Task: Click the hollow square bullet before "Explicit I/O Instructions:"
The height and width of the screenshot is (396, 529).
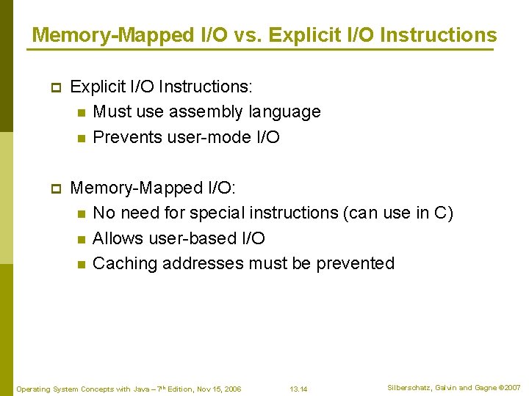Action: click(54, 87)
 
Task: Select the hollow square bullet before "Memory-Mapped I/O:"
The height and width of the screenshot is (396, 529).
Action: click(54, 188)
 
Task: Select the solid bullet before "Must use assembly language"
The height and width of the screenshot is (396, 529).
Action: click(81, 113)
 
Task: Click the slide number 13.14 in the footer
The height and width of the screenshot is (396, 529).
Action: click(298, 389)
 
